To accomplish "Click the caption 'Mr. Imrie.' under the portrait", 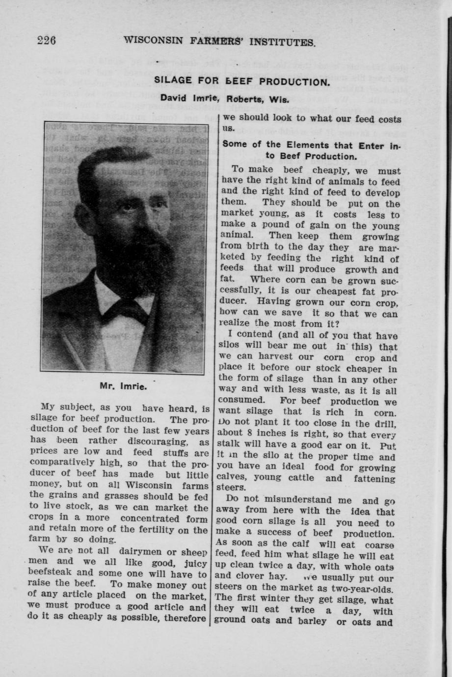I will [123, 386].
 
